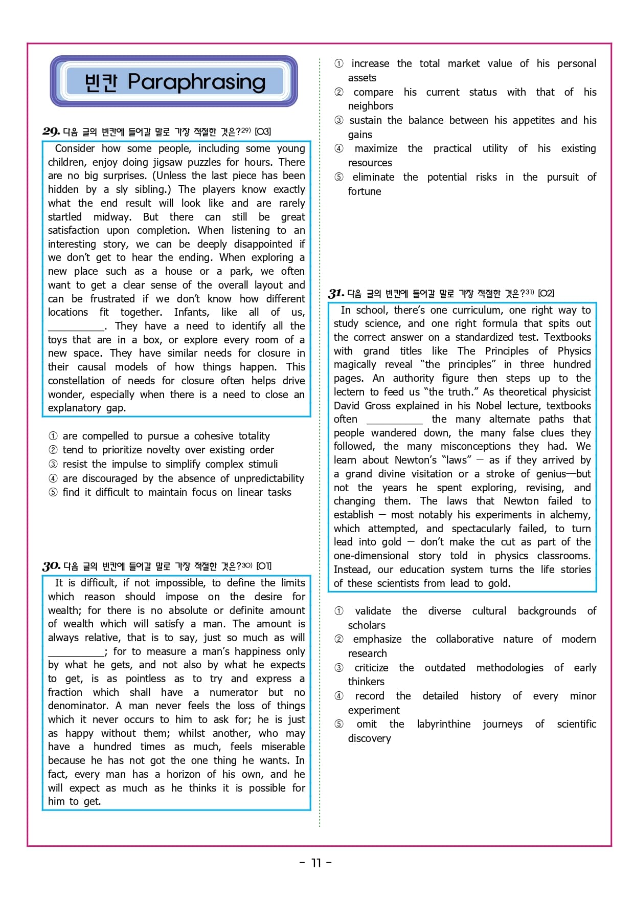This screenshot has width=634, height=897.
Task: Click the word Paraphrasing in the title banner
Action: [x=197, y=82]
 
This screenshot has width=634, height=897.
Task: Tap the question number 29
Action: [x=51, y=132]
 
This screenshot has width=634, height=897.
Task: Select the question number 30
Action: [x=52, y=566]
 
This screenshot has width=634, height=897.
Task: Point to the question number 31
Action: [x=336, y=293]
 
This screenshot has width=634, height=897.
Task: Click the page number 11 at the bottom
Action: [x=316, y=863]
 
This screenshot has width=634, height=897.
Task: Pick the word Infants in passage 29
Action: [x=192, y=312]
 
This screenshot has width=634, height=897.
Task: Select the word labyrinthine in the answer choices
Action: [x=443, y=724]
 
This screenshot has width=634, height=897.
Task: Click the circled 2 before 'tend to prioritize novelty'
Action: [x=53, y=450]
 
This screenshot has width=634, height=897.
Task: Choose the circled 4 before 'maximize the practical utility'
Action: [x=339, y=149]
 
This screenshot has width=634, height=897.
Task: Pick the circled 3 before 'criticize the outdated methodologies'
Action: [x=339, y=668]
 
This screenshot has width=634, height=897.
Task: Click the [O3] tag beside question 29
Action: [x=263, y=132]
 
